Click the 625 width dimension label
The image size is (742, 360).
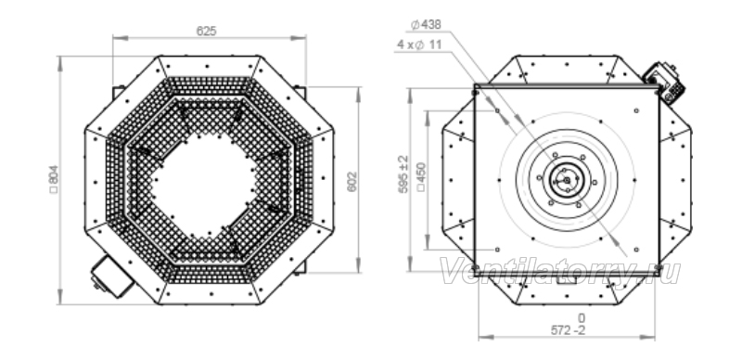[x=206, y=32]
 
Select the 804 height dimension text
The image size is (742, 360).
[x=54, y=179]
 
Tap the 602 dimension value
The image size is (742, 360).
[x=352, y=182]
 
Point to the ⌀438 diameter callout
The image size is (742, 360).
[x=426, y=25]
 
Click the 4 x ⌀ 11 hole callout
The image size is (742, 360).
[x=420, y=45]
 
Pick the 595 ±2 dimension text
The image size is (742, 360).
[x=403, y=174]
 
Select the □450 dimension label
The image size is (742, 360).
[x=421, y=177]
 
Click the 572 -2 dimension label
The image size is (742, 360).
[x=568, y=330]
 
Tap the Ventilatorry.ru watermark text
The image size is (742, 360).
[x=560, y=272]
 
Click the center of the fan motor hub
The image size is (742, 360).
[x=567, y=180]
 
